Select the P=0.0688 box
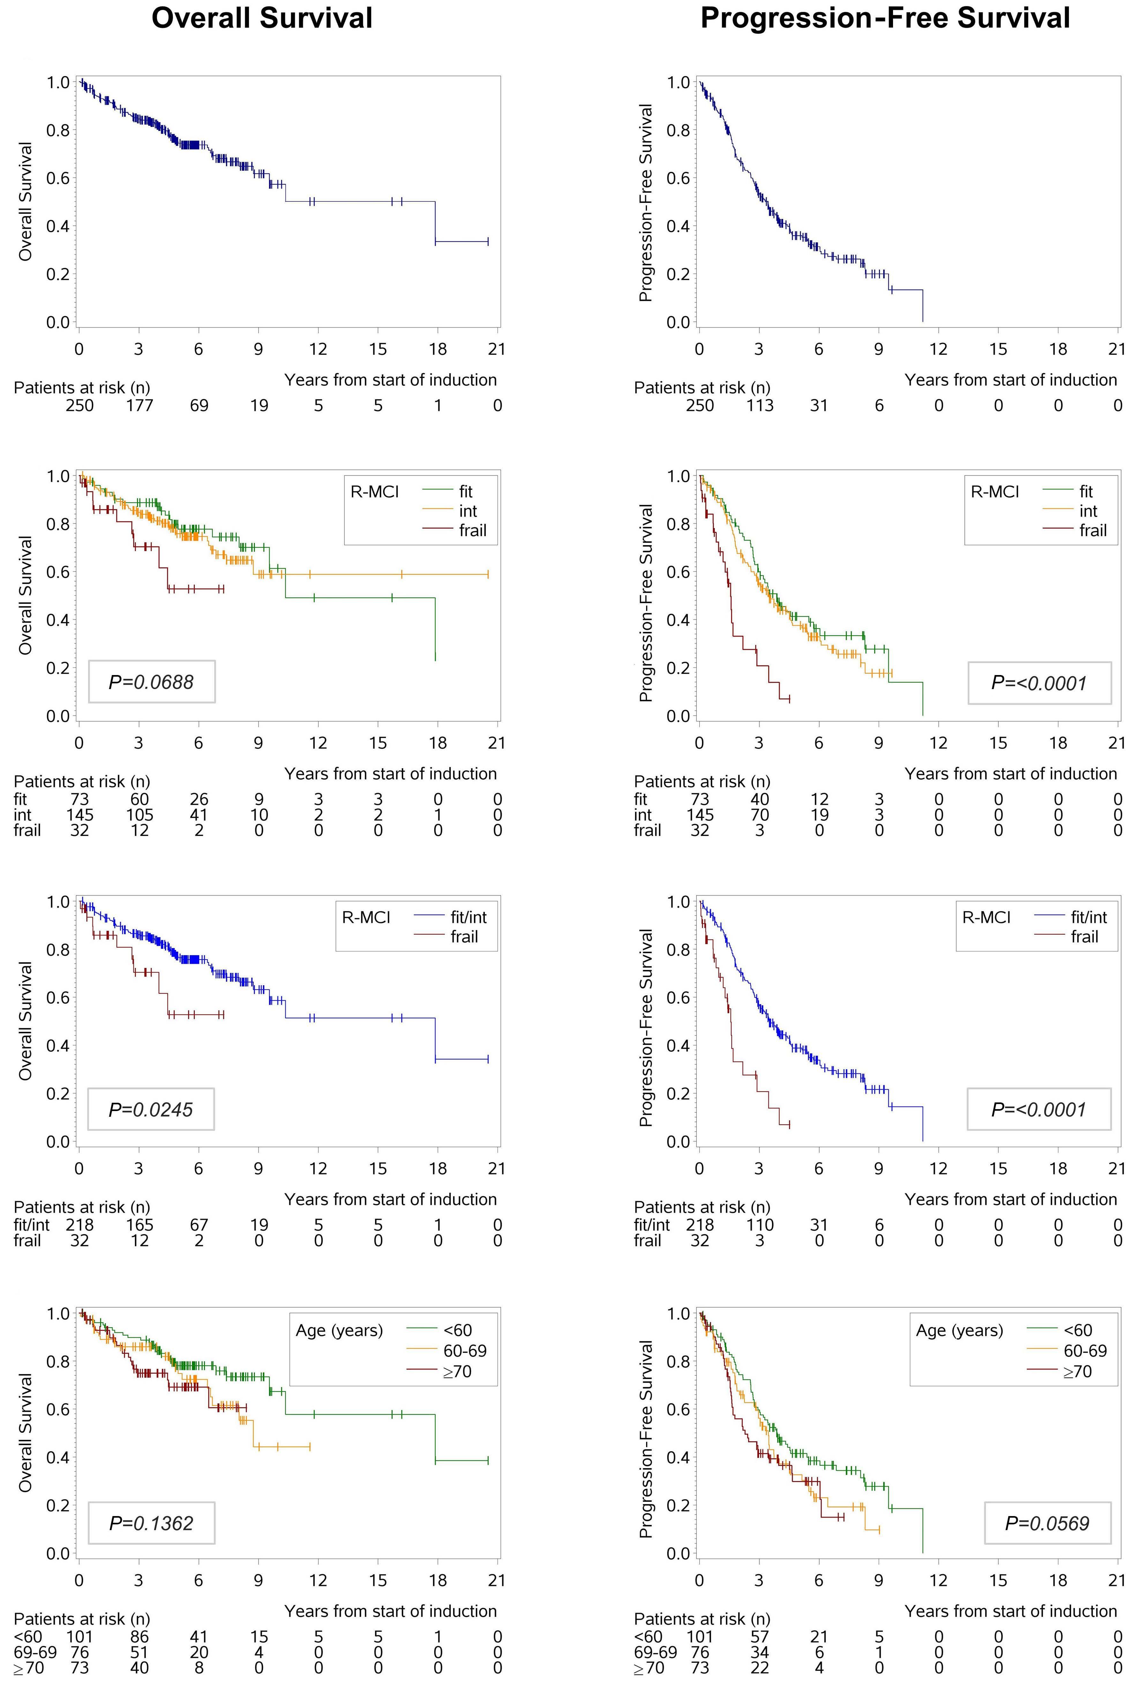point(152,681)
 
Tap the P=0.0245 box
point(151,1109)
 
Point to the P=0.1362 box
point(151,1523)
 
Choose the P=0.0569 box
point(1047,1523)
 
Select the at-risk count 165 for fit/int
point(139,1224)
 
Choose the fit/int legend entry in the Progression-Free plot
point(1088,917)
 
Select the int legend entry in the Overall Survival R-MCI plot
point(468,511)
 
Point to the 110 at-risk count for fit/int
point(759,1224)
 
